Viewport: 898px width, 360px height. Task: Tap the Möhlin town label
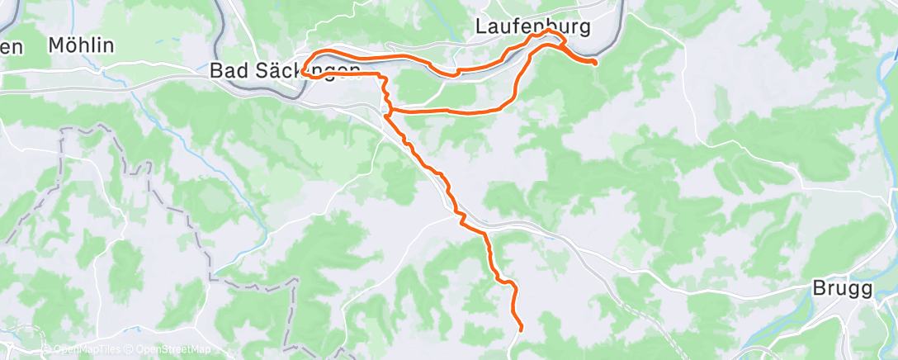81,46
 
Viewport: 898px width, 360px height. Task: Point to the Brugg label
842,290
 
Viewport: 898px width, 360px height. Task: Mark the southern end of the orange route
522,330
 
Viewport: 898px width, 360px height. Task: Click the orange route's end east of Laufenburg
595,62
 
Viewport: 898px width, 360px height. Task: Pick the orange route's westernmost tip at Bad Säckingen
304,73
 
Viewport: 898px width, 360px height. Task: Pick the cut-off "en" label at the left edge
10,47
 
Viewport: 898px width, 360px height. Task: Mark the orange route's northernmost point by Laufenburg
549,31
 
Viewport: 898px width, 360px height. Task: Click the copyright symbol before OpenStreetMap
131,349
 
